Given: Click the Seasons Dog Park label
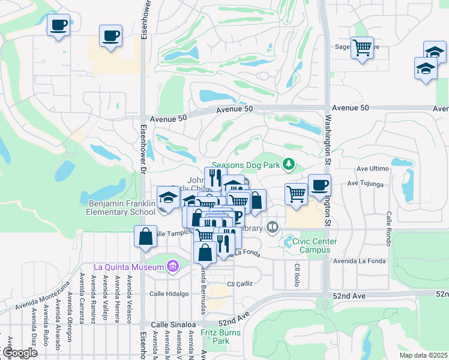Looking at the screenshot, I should click(246, 164).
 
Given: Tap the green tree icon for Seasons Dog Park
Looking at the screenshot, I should click(289, 164).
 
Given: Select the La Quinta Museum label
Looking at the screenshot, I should click(129, 266).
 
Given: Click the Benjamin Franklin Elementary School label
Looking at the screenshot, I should click(121, 208).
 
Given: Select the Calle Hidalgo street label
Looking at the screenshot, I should click(169, 293).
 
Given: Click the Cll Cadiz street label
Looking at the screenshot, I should click(238, 283).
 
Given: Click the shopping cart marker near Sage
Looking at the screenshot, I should click(362, 48).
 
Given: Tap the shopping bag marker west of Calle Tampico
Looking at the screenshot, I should click(145, 237).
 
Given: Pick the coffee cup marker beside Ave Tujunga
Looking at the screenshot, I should click(319, 185).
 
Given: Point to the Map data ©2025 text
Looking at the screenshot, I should click(423, 355).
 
